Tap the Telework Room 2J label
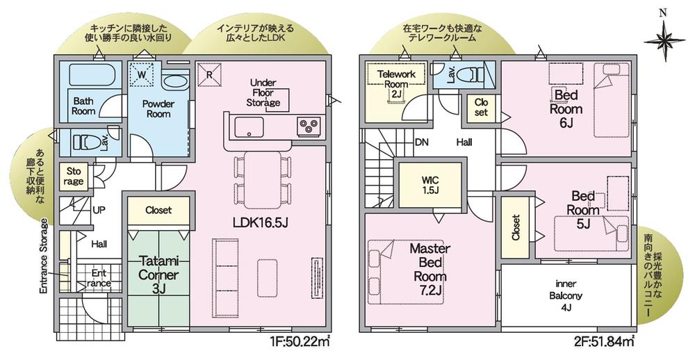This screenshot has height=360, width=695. (396, 84)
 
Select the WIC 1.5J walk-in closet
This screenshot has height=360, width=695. (430, 184)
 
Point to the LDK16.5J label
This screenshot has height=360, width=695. (261, 222)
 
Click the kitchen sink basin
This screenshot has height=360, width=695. (249, 127)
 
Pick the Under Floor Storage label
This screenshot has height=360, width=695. (263, 92)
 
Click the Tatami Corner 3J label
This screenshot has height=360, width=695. (158, 274)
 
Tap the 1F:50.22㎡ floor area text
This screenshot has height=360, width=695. (300, 342)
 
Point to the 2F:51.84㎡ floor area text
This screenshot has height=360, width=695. (603, 342)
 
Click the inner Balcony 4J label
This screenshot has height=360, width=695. (566, 296)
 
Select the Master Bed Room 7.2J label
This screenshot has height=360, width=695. (430, 269)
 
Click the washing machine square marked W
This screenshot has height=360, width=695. (141, 74)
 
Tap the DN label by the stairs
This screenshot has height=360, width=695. (422, 142)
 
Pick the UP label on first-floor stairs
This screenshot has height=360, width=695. (99, 210)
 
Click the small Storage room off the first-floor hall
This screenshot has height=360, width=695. (74, 176)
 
